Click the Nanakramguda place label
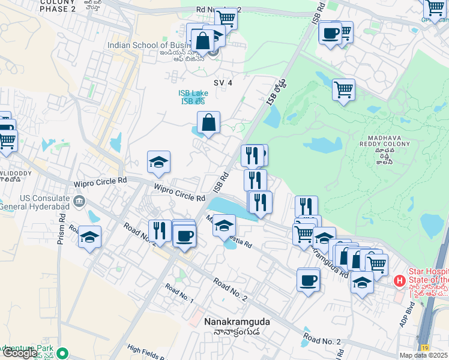click(x=237, y=322)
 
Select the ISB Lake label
click(x=193, y=93)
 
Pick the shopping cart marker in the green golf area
click(x=343, y=90)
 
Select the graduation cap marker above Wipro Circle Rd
click(x=158, y=162)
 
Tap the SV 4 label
click(x=222, y=82)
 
